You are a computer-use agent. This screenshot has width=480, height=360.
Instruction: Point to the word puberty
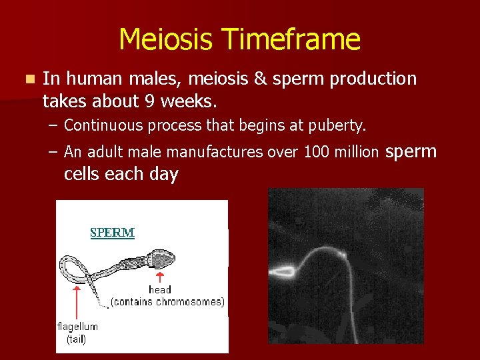tap(339, 125)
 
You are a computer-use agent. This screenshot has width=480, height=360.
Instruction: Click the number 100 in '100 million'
tap(315, 152)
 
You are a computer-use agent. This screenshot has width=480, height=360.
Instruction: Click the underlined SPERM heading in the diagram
tap(112, 233)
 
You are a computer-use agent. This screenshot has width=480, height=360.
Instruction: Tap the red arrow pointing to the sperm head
tap(160, 276)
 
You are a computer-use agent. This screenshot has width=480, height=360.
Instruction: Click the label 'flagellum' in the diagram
tap(77, 327)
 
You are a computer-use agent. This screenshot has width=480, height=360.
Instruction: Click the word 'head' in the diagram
tap(160, 290)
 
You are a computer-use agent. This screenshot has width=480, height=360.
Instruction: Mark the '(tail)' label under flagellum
tap(76, 339)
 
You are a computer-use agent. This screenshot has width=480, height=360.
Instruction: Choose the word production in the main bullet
tap(379, 79)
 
